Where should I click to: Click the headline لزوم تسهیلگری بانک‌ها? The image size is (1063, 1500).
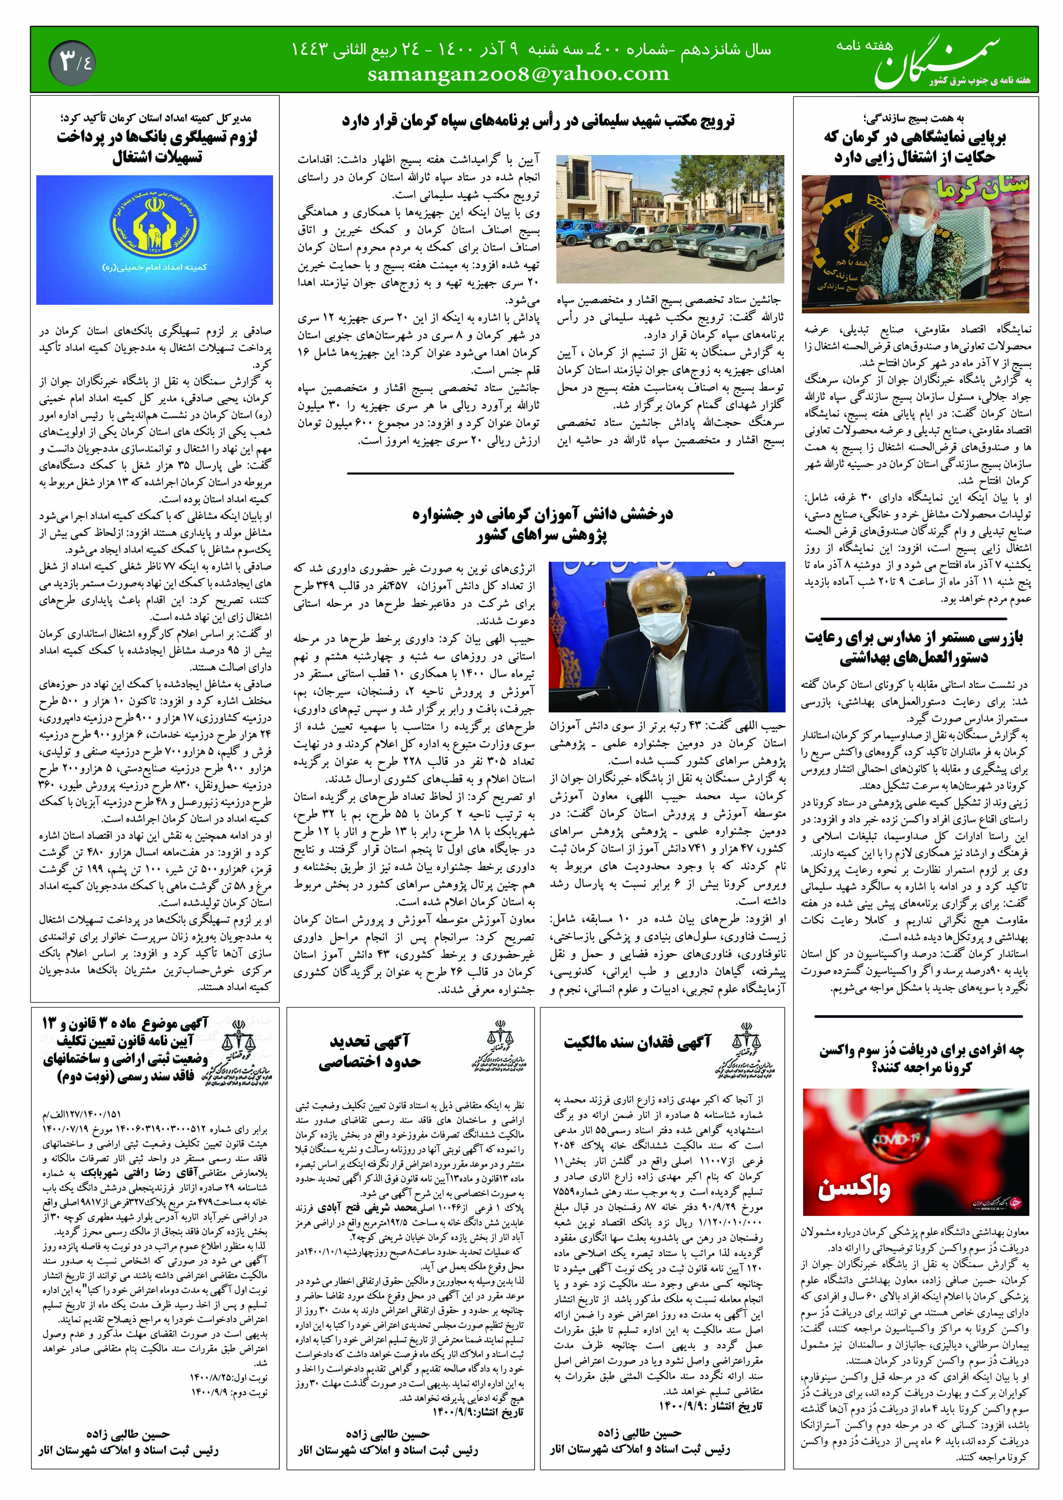157,147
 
